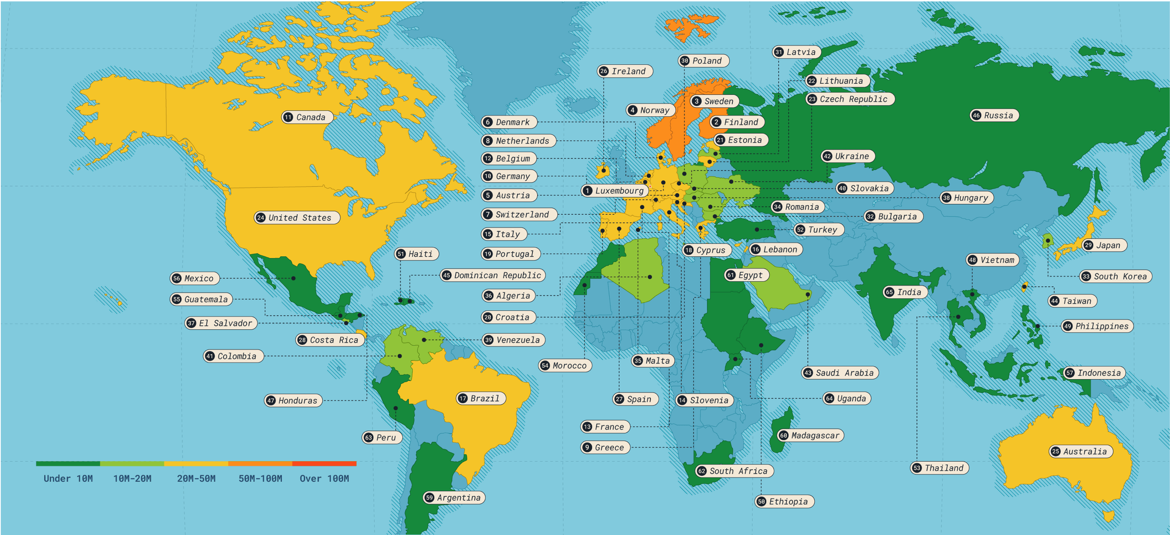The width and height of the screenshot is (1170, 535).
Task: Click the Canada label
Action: click(x=308, y=117)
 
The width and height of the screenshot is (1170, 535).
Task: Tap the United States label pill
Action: click(x=297, y=218)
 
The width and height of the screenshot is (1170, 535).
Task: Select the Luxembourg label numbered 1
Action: click(x=614, y=191)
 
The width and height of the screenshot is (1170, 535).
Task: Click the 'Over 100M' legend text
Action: click(x=324, y=479)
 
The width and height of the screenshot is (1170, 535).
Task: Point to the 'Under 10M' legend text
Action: click(x=68, y=479)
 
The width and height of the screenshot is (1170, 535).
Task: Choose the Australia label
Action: click(x=1081, y=451)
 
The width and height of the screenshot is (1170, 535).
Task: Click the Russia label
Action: click(x=994, y=116)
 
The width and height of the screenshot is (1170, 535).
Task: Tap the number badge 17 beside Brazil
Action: click(x=463, y=398)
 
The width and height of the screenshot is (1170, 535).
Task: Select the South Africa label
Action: click(x=735, y=471)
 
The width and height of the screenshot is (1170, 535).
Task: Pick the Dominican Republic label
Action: click(x=493, y=276)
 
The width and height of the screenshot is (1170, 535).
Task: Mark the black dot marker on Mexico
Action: click(x=293, y=278)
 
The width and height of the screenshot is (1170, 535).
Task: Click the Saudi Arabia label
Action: click(x=840, y=373)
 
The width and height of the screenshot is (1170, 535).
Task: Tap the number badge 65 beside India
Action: click(x=889, y=292)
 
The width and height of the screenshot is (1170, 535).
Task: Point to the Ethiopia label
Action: click(x=784, y=502)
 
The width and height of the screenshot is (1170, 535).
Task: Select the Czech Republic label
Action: click(x=850, y=99)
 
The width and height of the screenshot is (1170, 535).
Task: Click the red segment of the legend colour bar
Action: click(x=324, y=464)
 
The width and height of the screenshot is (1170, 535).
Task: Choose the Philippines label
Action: click(x=1097, y=326)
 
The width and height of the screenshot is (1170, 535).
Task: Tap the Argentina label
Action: click(x=454, y=498)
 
